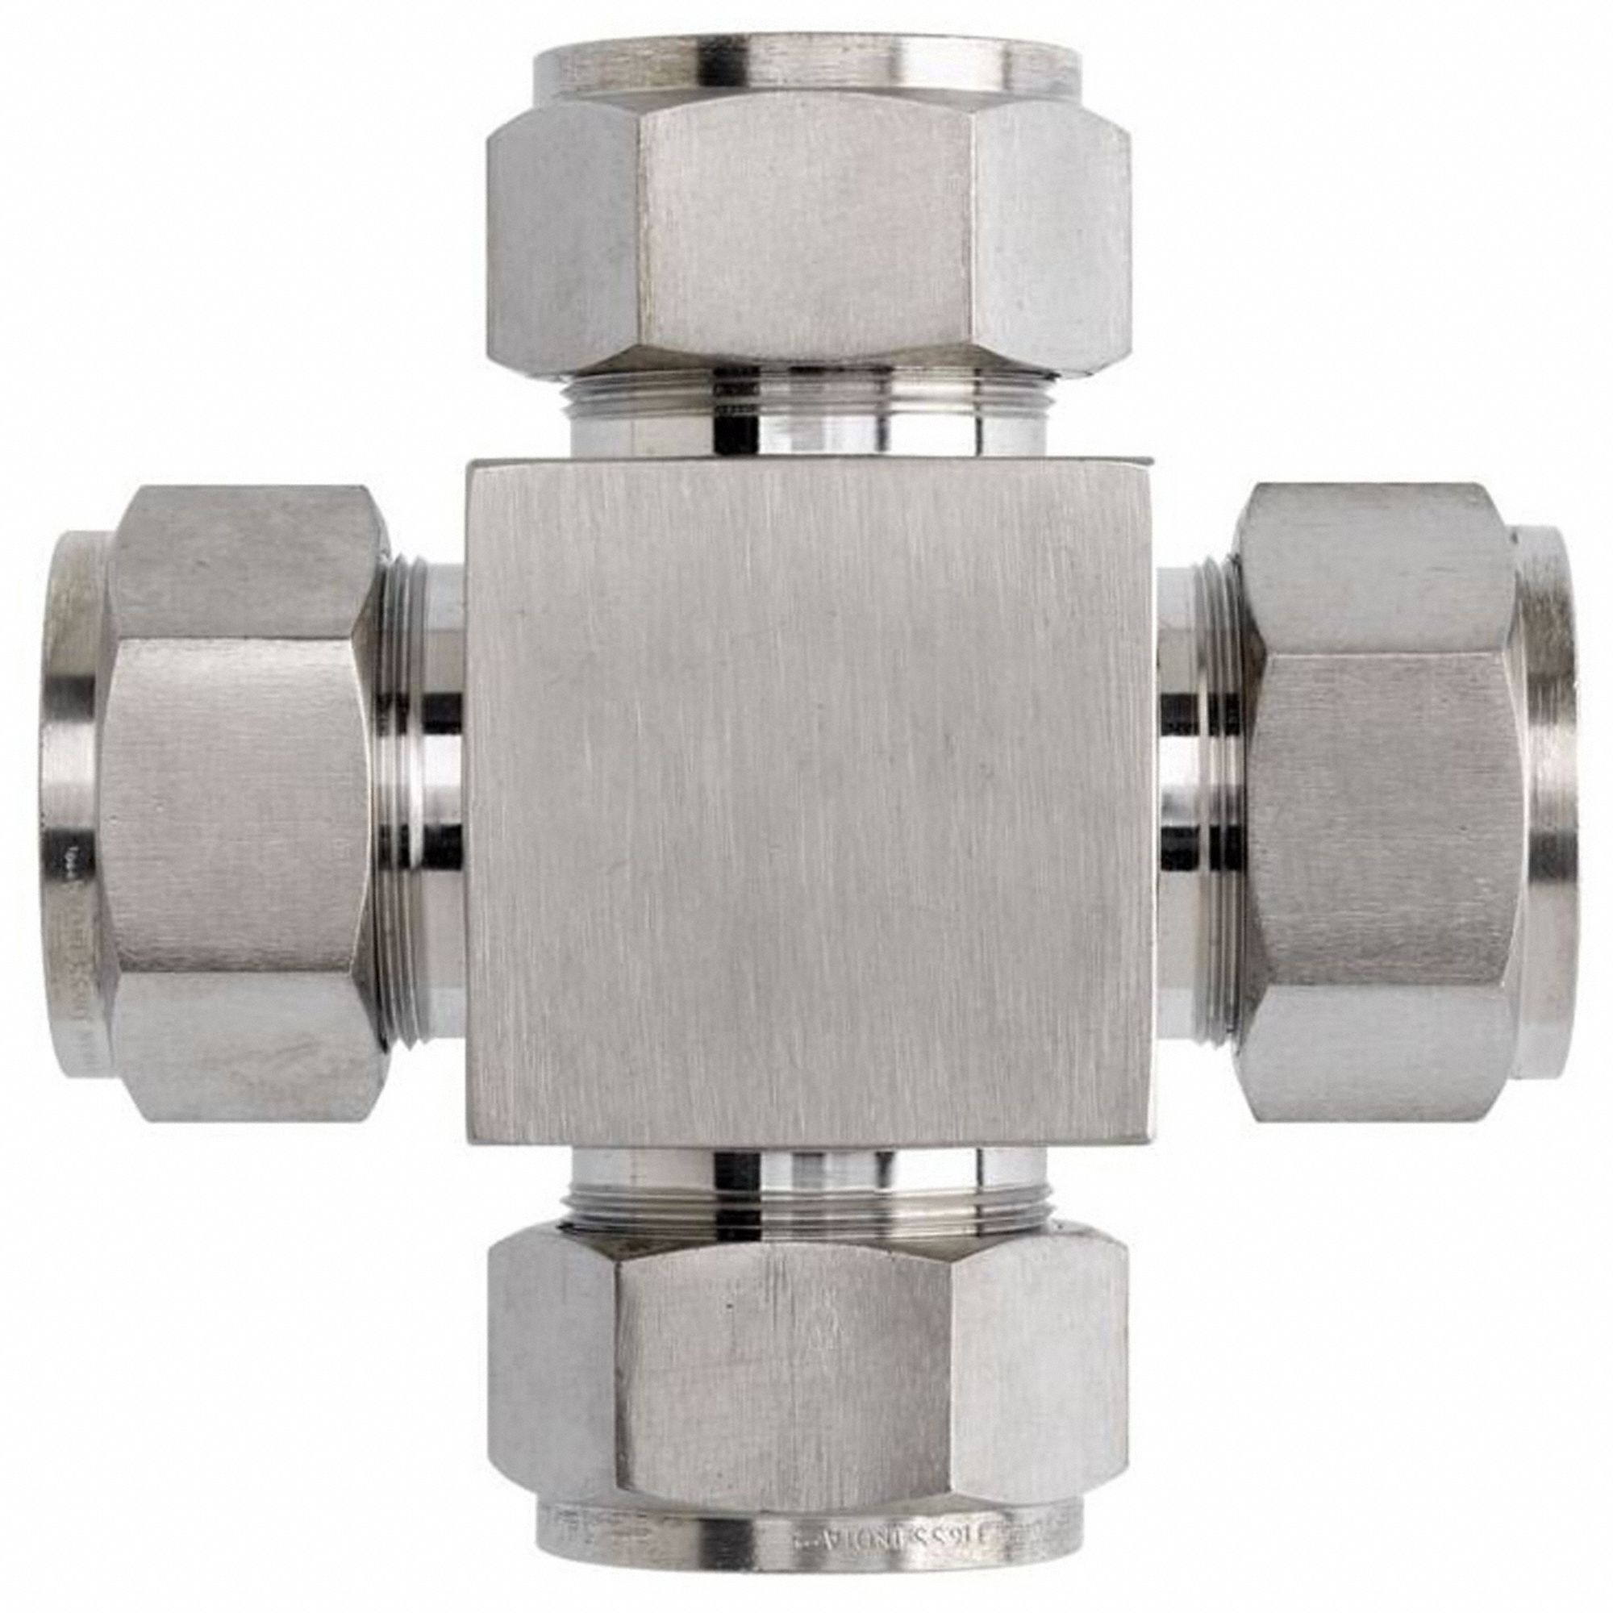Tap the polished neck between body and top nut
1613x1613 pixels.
point(806,434)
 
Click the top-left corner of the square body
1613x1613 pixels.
point(473,465)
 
